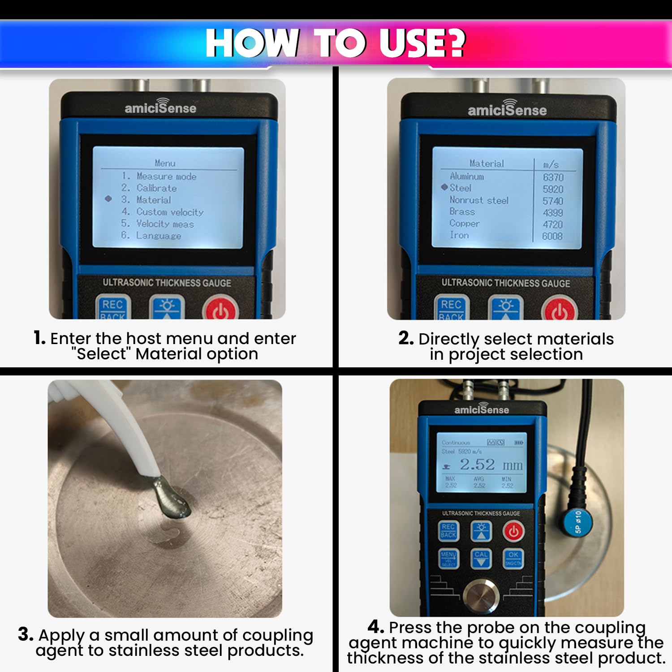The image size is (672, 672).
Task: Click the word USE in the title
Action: click(x=421, y=43)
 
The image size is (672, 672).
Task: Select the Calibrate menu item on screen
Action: click(x=156, y=188)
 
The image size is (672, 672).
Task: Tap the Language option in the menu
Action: click(x=159, y=236)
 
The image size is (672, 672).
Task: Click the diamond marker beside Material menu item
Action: click(x=108, y=198)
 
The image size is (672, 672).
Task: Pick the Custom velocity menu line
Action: click(x=170, y=212)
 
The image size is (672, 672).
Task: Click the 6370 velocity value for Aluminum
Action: click(x=553, y=177)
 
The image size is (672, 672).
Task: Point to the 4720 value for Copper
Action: click(x=552, y=224)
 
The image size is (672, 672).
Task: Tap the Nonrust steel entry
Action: click(x=478, y=200)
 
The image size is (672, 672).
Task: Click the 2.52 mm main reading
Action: click(x=491, y=465)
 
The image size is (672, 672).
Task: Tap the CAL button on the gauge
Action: click(x=481, y=558)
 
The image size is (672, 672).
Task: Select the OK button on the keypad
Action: click(x=513, y=558)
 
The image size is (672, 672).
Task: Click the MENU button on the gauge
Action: click(x=448, y=558)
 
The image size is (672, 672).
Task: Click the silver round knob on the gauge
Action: click(x=481, y=595)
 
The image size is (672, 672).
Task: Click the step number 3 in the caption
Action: click(x=26, y=634)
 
